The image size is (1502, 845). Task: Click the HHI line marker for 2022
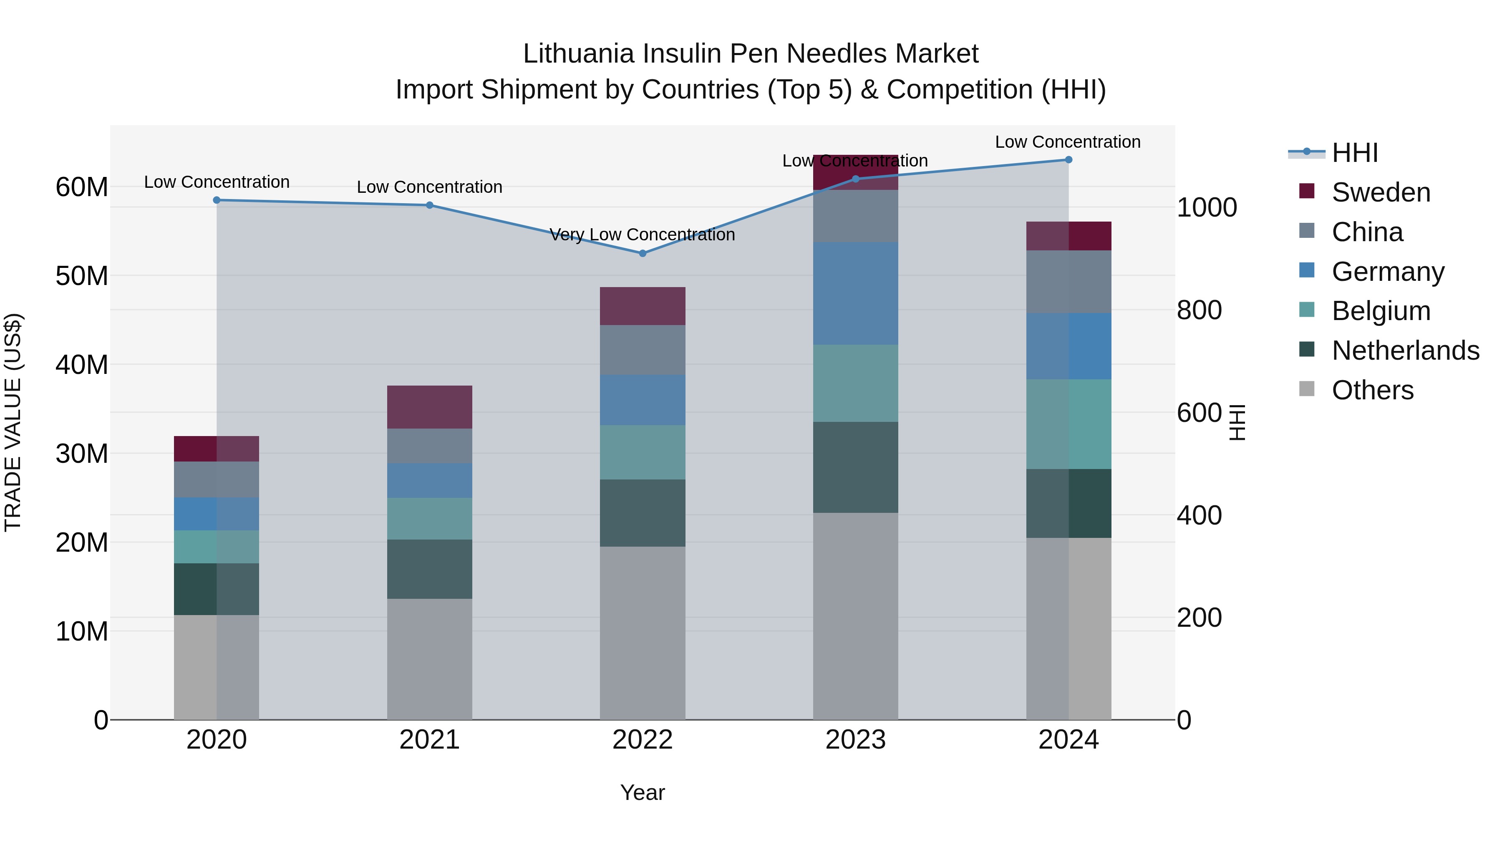point(643,254)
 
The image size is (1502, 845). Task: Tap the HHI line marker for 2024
point(1068,160)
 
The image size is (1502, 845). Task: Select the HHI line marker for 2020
point(217,200)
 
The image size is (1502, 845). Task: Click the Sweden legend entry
point(1381,192)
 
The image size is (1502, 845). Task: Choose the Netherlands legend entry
point(1405,351)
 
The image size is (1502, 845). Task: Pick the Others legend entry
point(1373,390)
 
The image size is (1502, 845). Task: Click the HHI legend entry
point(1354,153)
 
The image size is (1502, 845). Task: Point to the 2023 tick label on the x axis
point(855,740)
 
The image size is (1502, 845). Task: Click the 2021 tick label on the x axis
point(429,740)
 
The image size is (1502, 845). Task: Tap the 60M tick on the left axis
point(82,187)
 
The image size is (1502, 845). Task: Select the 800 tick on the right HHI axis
point(1199,310)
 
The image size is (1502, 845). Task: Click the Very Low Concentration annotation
point(642,235)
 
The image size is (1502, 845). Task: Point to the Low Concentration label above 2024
point(1068,142)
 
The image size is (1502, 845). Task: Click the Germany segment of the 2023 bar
point(855,293)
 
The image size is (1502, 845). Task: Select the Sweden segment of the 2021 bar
point(429,407)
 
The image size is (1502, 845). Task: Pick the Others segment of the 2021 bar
point(429,659)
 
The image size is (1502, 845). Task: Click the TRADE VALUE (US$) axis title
point(13,422)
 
